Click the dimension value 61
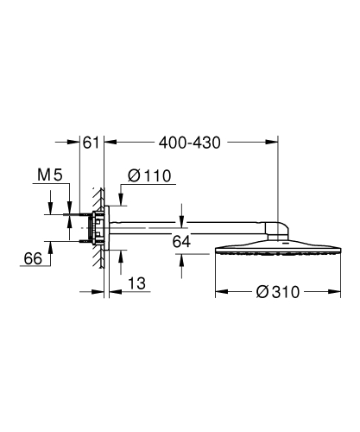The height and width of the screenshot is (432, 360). (91, 143)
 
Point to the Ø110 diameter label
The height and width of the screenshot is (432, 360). (150, 178)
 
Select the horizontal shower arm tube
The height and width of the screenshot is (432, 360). (190, 226)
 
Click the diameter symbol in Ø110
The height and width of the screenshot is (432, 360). (134, 178)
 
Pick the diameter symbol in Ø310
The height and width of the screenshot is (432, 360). (260, 292)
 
